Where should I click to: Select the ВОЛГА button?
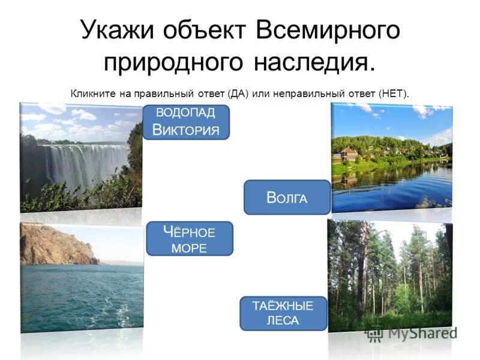pos(287,197)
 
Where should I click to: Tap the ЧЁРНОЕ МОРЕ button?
pos(189,238)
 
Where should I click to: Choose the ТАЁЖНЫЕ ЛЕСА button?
pos(283,313)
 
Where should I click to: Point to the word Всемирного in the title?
pos(328,30)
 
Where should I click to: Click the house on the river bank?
pos(348,155)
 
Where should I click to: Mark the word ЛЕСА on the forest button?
pos(283,321)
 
